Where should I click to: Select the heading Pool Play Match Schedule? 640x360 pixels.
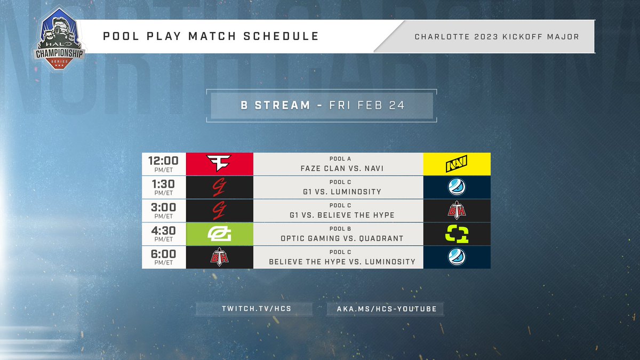212,36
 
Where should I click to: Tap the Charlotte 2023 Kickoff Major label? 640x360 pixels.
497,36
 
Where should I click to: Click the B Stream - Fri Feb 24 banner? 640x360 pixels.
322,105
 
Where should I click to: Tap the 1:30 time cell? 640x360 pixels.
164,188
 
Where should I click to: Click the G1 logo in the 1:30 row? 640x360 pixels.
219,188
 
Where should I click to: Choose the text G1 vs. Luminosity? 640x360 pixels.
338,191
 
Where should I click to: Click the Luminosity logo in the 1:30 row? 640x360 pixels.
457,188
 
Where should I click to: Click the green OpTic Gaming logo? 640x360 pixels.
219,234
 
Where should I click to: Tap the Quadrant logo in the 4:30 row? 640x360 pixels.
457,234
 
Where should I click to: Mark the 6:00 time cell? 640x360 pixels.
164,257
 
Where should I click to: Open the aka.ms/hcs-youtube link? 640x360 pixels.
385,309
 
